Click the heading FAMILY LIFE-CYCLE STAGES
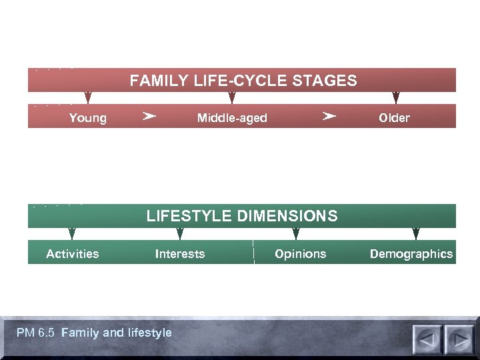[243, 81]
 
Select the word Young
[87, 118]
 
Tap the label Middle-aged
[232, 118]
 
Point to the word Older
[394, 118]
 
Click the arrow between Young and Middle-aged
[149, 117]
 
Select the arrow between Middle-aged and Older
[328, 117]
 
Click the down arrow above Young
[88, 98]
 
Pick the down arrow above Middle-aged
[232, 98]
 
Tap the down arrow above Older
[396, 98]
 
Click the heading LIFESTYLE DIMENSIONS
[242, 216]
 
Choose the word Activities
[73, 254]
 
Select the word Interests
[180, 254]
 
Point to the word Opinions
[301, 254]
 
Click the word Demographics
[411, 254]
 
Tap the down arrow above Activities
[72, 234]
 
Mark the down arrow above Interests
[180, 234]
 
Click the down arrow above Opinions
[296, 234]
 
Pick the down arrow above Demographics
[416, 234]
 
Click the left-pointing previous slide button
[427, 339]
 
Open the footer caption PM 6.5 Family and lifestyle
[94, 333]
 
